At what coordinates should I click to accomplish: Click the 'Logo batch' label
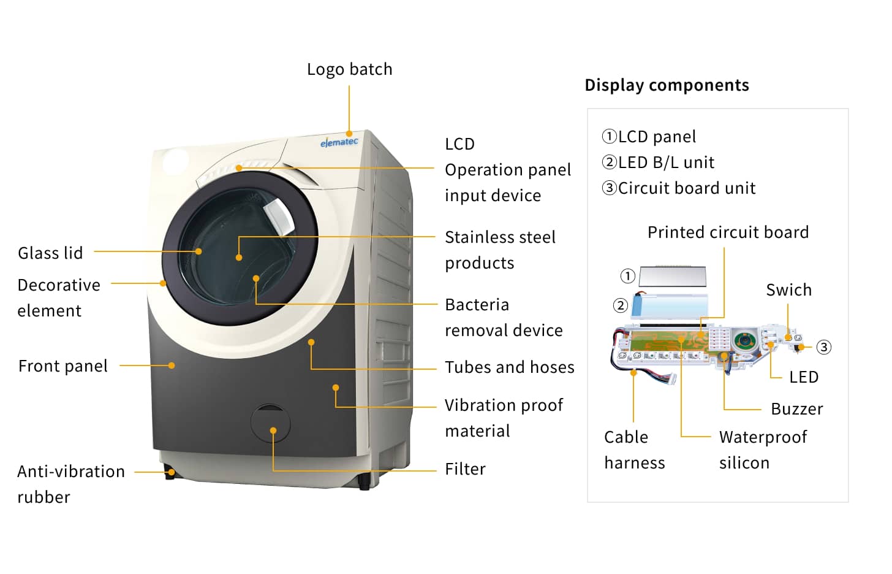click(x=349, y=69)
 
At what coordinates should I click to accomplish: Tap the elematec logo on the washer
click(x=339, y=142)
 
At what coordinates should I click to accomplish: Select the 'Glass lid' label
click(x=50, y=253)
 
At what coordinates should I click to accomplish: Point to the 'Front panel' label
click(x=63, y=366)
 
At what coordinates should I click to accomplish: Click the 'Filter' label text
click(x=465, y=469)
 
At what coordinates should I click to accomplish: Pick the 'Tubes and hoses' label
click(x=509, y=367)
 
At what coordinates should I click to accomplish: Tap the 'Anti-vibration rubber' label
click(x=70, y=484)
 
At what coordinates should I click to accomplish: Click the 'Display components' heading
click(x=667, y=85)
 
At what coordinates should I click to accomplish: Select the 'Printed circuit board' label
click(x=728, y=232)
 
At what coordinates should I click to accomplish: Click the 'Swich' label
click(x=788, y=290)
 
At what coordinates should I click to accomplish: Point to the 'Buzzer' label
click(x=796, y=409)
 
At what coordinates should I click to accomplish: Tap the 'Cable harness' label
click(x=634, y=450)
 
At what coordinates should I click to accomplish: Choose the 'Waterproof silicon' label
click(x=763, y=450)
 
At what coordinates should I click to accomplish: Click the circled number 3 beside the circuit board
click(x=824, y=347)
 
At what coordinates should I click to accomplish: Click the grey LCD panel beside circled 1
click(x=673, y=276)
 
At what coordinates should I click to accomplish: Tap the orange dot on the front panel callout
click(x=172, y=365)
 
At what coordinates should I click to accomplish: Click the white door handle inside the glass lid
click(x=279, y=217)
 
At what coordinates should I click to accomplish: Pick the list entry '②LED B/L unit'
click(x=658, y=163)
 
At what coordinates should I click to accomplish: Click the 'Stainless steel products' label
click(x=500, y=250)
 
